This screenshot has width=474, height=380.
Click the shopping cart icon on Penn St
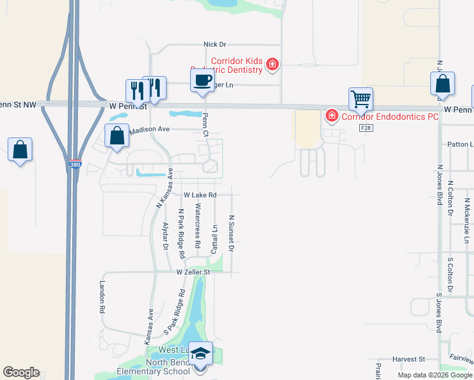pyautogui.click(x=361, y=98)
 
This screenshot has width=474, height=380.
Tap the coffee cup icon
pyautogui.click(x=202, y=80)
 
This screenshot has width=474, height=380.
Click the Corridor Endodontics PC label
pyautogui.click(x=390, y=117)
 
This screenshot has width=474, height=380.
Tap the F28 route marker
pyautogui.click(x=364, y=128)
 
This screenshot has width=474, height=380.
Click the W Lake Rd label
pyautogui.click(x=200, y=195)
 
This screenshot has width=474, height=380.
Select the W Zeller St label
pyautogui.click(x=193, y=272)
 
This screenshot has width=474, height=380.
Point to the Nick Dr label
pyautogui.click(x=215, y=44)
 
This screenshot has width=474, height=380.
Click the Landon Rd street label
pyautogui.click(x=101, y=298)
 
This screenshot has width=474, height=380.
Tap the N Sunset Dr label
pyautogui.click(x=232, y=233)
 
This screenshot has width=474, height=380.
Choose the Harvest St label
pyautogui.click(x=407, y=359)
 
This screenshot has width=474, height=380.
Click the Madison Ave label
pyautogui.click(x=150, y=129)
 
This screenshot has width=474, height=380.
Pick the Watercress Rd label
pyautogui.click(x=198, y=225)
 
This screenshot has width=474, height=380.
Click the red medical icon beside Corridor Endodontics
pyautogui.click(x=331, y=115)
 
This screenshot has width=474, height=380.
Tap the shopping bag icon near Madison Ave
pyautogui.click(x=117, y=136)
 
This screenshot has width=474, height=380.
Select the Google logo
pyautogui.click(x=21, y=372)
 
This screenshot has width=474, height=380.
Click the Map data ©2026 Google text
pyautogui.click(x=434, y=375)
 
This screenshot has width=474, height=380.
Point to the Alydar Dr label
pyautogui.click(x=165, y=236)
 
